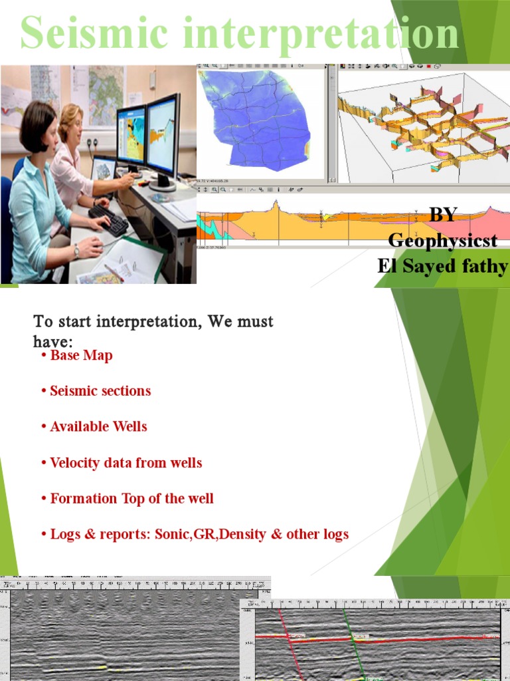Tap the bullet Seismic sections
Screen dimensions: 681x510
pyautogui.click(x=100, y=391)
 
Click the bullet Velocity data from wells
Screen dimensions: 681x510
pyautogui.click(x=126, y=462)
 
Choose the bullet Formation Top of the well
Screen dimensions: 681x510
pyautogui.click(x=131, y=498)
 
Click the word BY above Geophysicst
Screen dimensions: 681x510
pyautogui.click(x=443, y=215)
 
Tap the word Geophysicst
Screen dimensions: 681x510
pyautogui.click(x=442, y=240)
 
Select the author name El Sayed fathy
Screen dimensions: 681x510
pyautogui.click(x=442, y=266)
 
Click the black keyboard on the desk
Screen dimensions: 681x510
pyautogui.click(x=109, y=219)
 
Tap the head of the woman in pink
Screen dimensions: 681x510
pyautogui.click(x=71, y=123)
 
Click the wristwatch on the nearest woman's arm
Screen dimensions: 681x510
pyautogui.click(x=78, y=250)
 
